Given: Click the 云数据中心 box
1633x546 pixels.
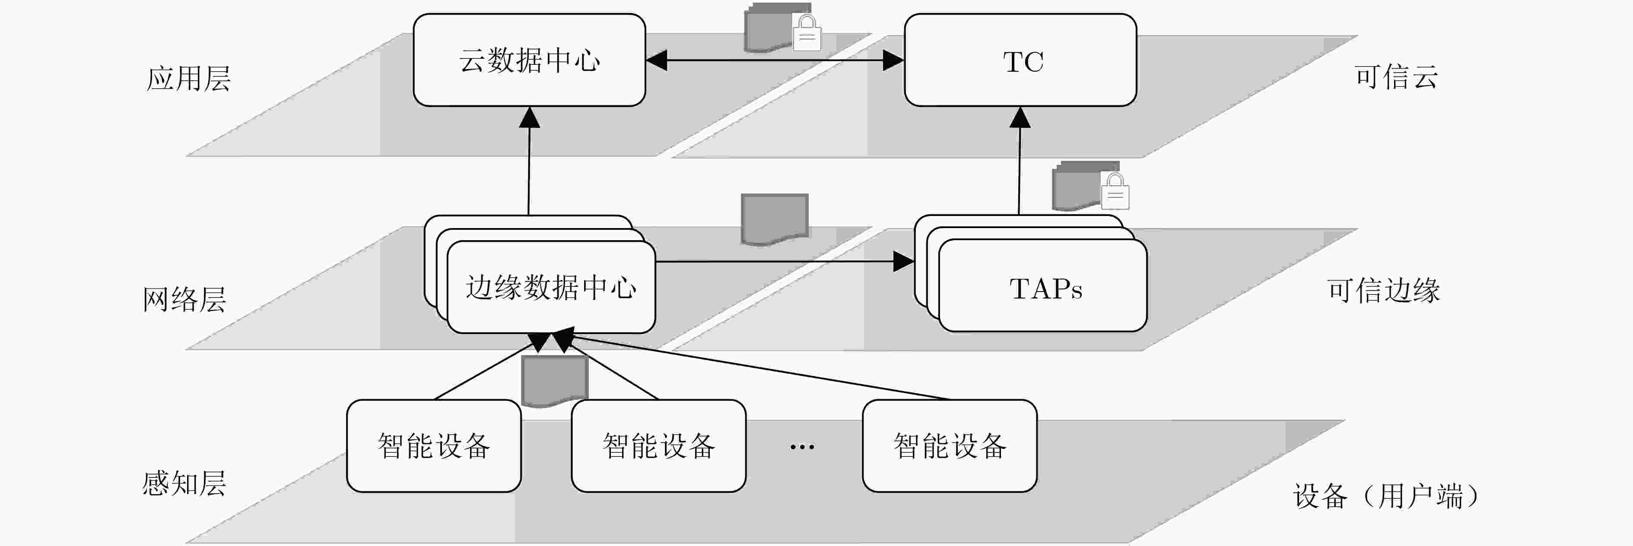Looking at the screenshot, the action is pyautogui.click(x=529, y=60).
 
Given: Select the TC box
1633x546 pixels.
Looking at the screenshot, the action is pyautogui.click(x=1020, y=60).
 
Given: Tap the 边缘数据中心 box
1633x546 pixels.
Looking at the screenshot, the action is pyautogui.click(x=551, y=287).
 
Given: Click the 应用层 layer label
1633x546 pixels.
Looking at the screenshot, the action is pyautogui.click(x=189, y=79).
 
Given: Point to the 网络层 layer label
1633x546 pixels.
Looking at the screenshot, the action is pyautogui.click(x=184, y=298).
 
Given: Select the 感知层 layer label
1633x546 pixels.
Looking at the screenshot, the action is pyautogui.click(x=184, y=484).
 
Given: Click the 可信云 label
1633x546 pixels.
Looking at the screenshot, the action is pyautogui.click(x=1397, y=77).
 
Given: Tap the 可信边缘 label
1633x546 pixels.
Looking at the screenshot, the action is pyautogui.click(x=1384, y=290).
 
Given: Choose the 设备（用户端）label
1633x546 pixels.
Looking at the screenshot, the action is pyautogui.click(x=1386, y=496).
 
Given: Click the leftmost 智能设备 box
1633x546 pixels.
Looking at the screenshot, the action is pyautogui.click(x=434, y=446).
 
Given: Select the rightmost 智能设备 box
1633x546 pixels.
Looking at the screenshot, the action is pyautogui.click(x=950, y=446).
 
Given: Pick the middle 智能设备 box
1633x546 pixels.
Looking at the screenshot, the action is pyautogui.click(x=659, y=446).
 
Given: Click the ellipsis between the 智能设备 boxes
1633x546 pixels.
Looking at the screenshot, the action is pyautogui.click(x=802, y=447).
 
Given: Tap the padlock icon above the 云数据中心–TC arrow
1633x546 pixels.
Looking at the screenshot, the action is pyautogui.click(x=807, y=33).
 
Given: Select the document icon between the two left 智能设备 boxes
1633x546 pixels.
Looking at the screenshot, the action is pyautogui.click(x=555, y=381).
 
